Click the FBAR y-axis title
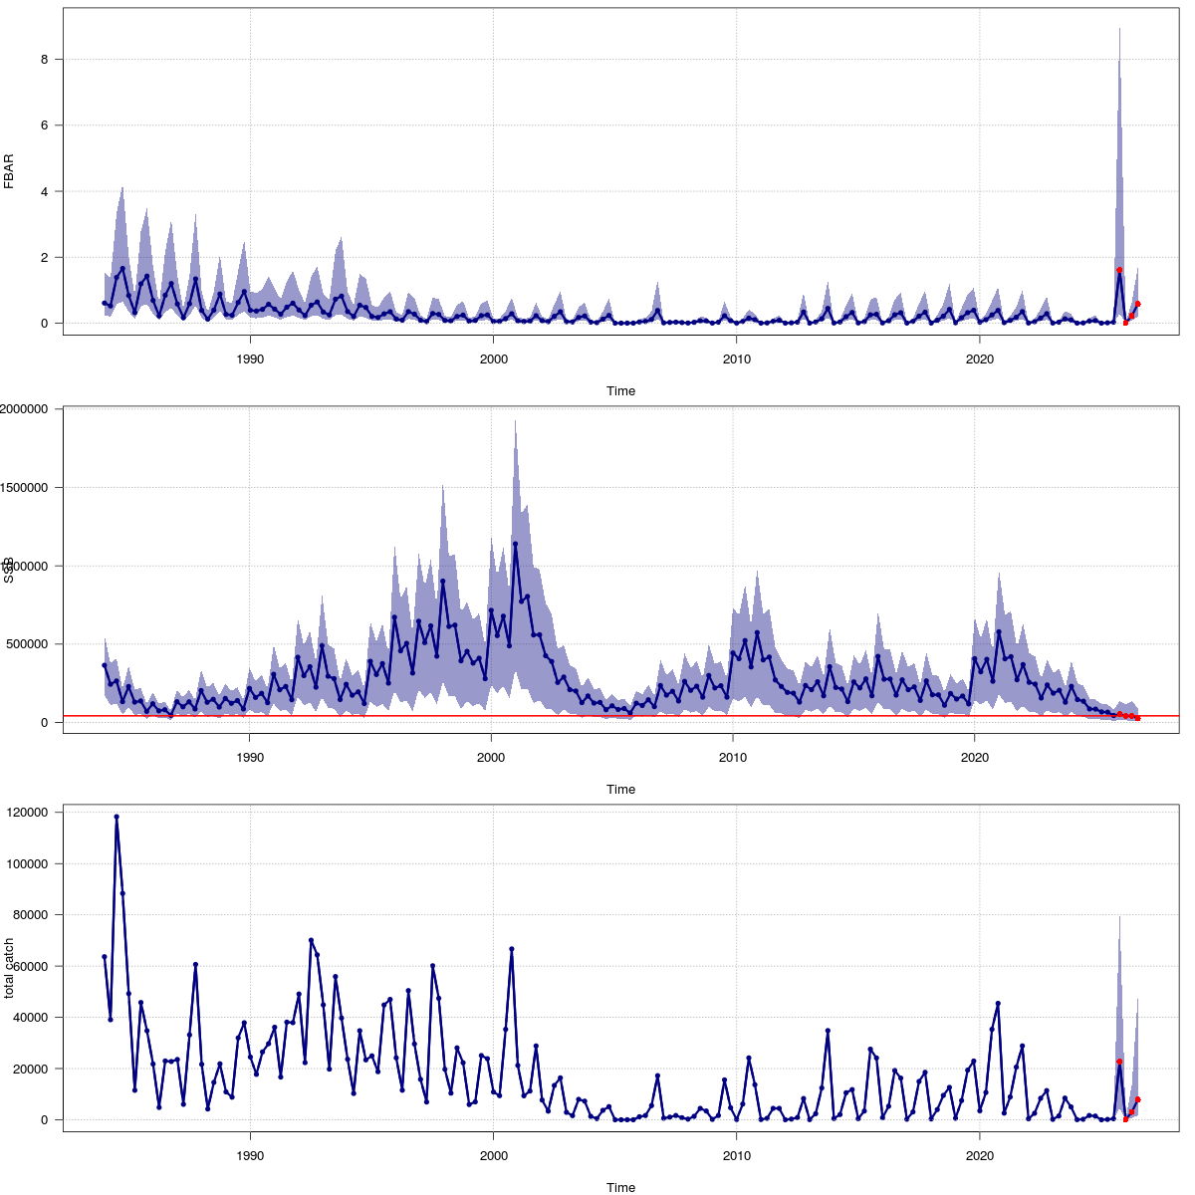[x=9, y=170]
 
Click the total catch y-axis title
[x=9, y=968]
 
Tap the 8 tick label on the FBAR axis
[x=45, y=60]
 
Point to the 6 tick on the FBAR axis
[x=45, y=125]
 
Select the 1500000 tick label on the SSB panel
[x=27, y=488]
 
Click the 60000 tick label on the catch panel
[x=31, y=966]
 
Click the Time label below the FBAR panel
[x=620, y=391]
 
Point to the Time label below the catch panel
[x=620, y=1187]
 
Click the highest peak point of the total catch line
[x=117, y=817]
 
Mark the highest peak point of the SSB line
[x=515, y=544]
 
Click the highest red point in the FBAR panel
[x=1119, y=270]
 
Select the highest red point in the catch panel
[x=1119, y=1062]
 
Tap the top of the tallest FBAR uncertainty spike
[x=1119, y=29]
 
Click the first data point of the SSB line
[x=105, y=665]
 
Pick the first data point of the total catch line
[x=105, y=957]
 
